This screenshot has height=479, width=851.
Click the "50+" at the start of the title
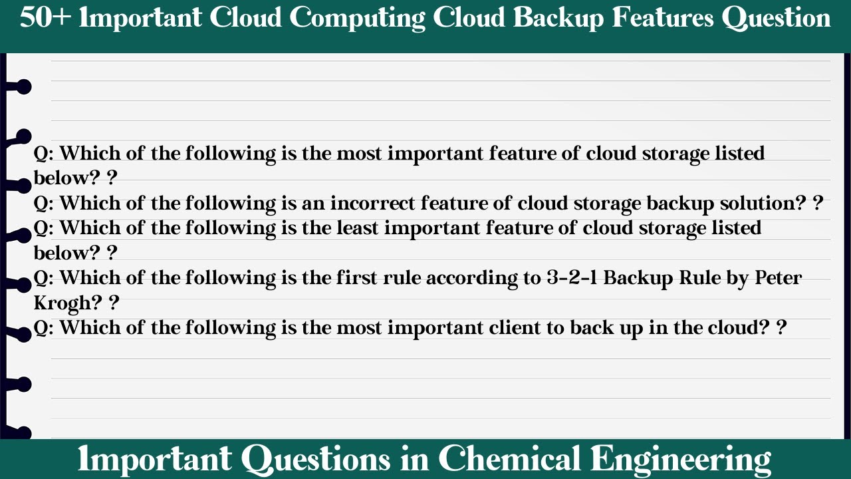45,18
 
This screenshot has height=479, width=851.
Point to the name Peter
778,277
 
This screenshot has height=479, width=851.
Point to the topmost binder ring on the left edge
23,86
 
